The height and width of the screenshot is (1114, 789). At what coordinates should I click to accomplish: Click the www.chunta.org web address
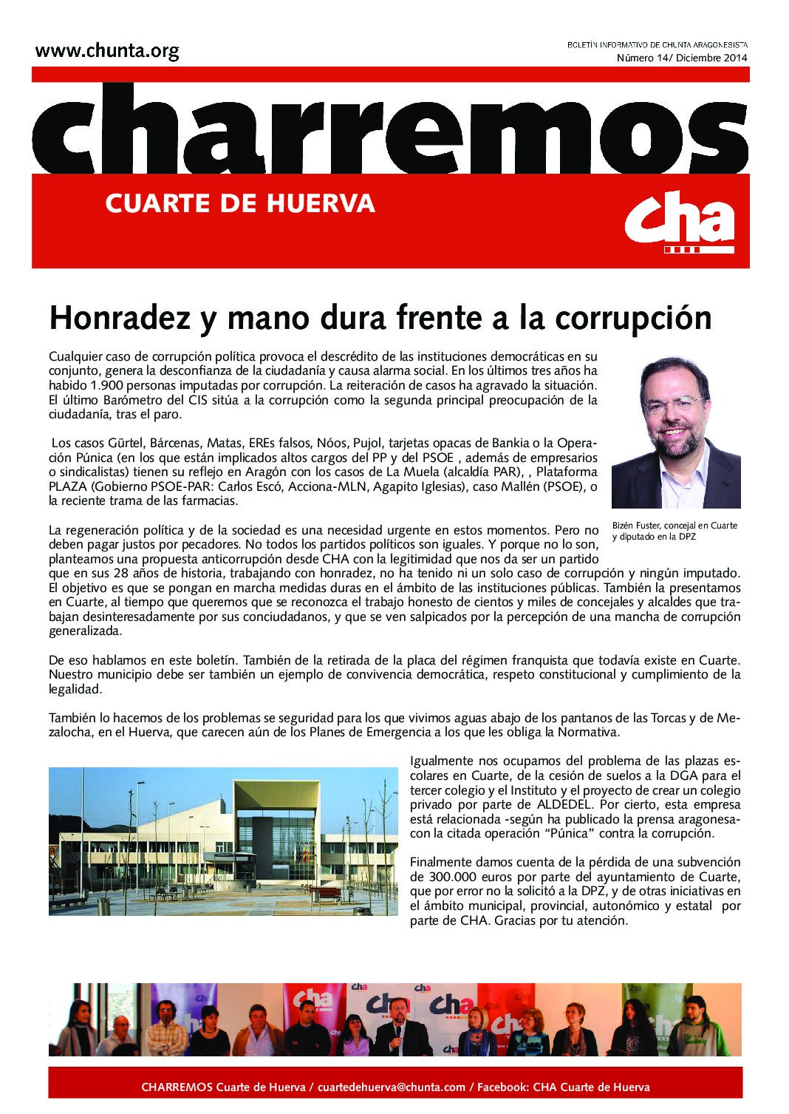click(x=107, y=51)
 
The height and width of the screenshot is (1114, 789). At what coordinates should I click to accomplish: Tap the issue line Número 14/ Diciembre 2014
click(x=682, y=58)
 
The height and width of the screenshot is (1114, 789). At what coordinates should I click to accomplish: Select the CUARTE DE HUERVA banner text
click(x=240, y=203)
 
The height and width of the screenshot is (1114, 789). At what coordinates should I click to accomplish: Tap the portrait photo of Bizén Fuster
click(x=675, y=432)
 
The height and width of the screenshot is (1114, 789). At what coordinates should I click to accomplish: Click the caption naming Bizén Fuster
click(x=674, y=531)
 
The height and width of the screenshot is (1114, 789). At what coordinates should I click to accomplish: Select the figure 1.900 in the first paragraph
click(x=106, y=385)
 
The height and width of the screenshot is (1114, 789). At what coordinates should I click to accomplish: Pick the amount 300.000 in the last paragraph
click(x=437, y=877)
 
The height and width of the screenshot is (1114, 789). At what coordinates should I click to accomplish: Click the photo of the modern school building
click(x=223, y=841)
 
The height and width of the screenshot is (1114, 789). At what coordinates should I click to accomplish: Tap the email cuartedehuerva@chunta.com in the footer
click(x=392, y=1087)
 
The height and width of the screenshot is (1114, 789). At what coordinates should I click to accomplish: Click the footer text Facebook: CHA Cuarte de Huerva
click(x=563, y=1087)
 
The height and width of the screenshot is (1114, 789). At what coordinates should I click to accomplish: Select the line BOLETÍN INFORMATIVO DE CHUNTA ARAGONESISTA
click(x=657, y=45)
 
